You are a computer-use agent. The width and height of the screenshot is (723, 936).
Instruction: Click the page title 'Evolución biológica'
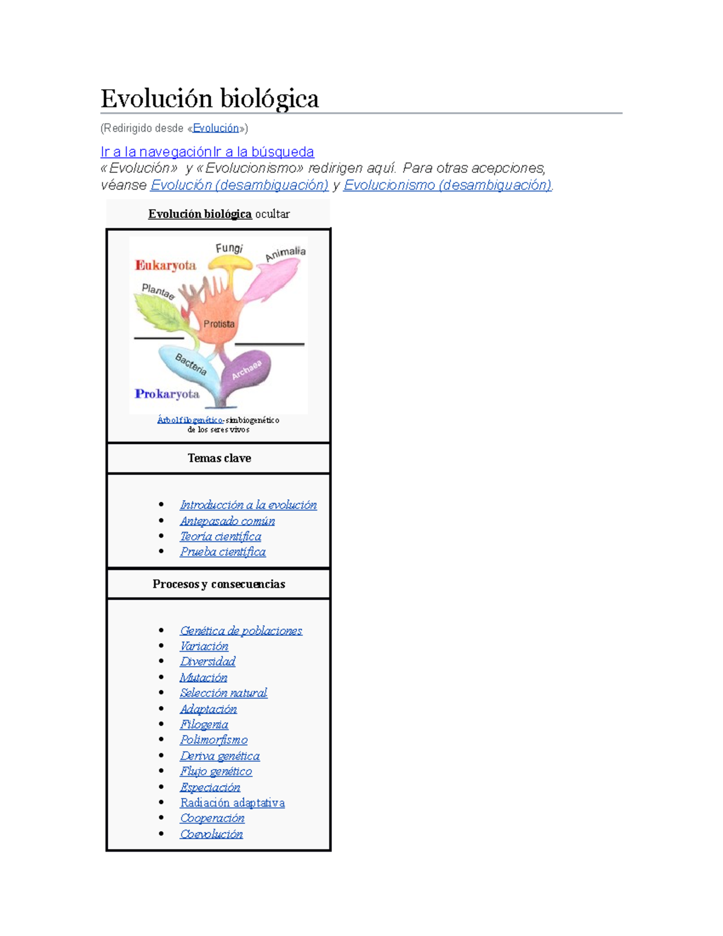(x=210, y=99)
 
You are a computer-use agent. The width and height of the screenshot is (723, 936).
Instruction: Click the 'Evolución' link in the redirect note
(x=216, y=128)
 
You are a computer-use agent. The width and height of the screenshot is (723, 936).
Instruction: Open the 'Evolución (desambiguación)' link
(x=239, y=185)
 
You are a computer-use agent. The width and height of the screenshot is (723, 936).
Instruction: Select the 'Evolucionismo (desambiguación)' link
(x=448, y=185)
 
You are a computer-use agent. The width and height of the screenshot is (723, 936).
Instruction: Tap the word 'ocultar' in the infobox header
(x=272, y=214)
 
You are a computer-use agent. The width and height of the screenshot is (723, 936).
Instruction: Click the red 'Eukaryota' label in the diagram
(x=166, y=265)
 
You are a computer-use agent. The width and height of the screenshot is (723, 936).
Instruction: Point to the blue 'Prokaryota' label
(x=167, y=394)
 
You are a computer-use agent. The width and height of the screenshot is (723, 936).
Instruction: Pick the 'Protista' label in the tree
(x=219, y=324)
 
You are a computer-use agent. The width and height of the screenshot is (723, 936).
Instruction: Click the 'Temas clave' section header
(x=219, y=458)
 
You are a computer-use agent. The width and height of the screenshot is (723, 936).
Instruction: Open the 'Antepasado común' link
(x=227, y=521)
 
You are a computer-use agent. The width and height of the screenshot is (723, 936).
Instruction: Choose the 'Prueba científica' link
(x=222, y=551)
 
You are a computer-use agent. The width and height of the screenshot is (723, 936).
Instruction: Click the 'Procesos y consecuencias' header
(x=219, y=584)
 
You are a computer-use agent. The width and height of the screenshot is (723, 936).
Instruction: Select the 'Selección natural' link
(x=223, y=693)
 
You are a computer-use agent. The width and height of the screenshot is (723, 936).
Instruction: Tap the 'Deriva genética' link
(x=220, y=756)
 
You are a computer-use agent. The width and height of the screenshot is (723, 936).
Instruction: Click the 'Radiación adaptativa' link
(x=232, y=803)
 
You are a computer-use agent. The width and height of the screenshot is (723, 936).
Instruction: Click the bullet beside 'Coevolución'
(x=161, y=834)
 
